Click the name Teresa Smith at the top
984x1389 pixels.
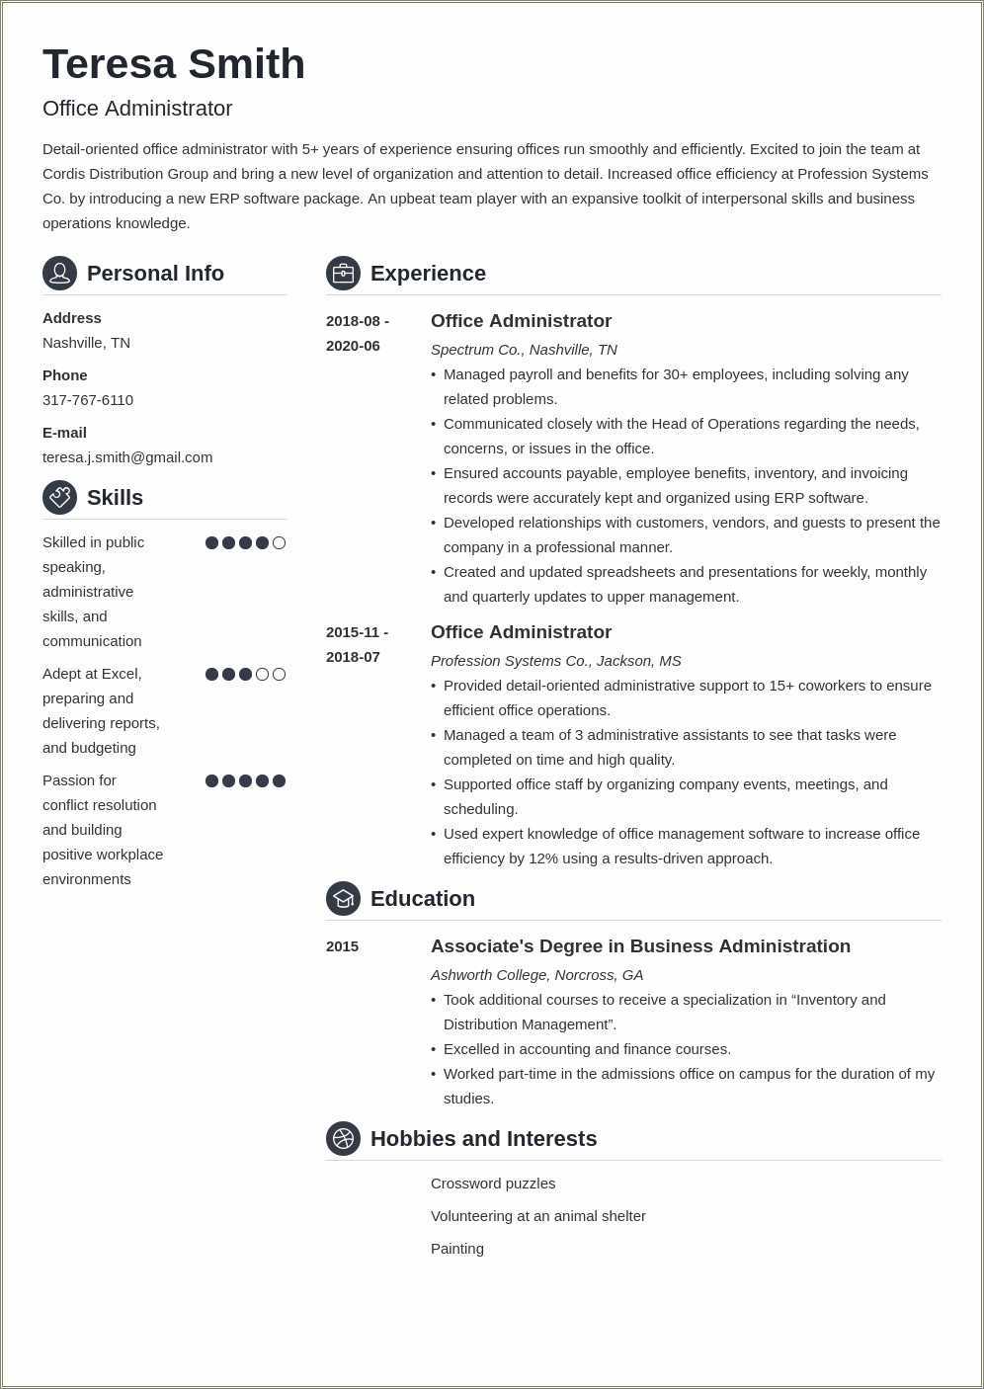174,64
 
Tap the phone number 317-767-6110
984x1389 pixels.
88,400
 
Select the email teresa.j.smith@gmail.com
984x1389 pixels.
127,457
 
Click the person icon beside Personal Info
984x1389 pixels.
59,273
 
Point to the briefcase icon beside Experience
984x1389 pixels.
343,273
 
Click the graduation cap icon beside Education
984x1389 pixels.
343,898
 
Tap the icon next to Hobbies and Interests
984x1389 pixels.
343,1138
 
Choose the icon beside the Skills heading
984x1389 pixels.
59,497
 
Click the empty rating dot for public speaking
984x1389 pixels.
279,542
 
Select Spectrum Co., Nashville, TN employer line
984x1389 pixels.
524,350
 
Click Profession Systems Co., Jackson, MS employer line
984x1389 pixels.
555,661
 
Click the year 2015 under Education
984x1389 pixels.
342,946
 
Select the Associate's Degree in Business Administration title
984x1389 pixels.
640,946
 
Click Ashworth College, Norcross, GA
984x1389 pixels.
536,975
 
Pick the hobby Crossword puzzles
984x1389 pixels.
493,1184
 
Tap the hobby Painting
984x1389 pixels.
457,1249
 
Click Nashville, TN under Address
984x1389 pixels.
86,343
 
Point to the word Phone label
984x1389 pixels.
65,375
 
